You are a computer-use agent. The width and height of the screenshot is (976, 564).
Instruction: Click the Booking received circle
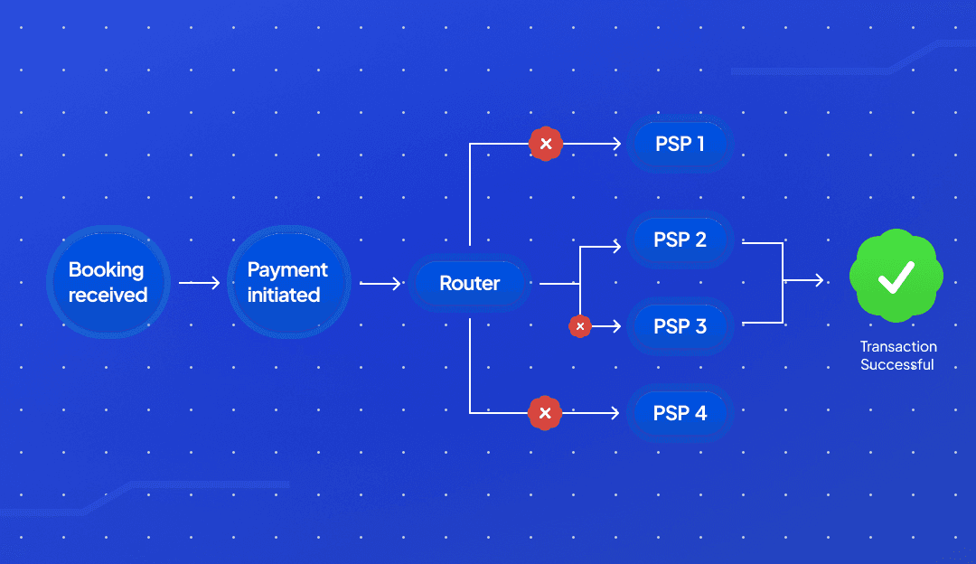[108, 282]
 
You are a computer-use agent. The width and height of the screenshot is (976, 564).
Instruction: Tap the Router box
[470, 283]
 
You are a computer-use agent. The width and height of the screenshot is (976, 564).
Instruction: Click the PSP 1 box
[680, 143]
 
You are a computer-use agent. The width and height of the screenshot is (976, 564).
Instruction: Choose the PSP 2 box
[680, 240]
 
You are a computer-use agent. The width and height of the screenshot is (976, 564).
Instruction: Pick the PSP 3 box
[680, 325]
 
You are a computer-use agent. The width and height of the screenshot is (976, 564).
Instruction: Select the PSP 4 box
[680, 413]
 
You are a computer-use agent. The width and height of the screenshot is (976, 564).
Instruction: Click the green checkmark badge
[896, 277]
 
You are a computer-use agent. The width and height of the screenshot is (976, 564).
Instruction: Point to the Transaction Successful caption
[897, 356]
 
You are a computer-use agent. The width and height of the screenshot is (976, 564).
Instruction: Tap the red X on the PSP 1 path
[545, 144]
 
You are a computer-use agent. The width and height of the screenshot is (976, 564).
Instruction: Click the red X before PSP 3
[580, 325]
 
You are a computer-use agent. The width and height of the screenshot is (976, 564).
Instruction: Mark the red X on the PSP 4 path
[545, 413]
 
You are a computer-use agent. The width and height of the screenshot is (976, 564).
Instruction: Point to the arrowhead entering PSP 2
[617, 245]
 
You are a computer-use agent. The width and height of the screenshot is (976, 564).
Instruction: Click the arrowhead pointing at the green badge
[819, 281]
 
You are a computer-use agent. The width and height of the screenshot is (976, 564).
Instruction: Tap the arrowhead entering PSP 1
[617, 144]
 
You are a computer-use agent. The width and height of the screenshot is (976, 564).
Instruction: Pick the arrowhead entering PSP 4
[617, 413]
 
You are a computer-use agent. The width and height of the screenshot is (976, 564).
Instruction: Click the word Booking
[106, 269]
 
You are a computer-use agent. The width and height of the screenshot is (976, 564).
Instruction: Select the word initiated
[284, 295]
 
